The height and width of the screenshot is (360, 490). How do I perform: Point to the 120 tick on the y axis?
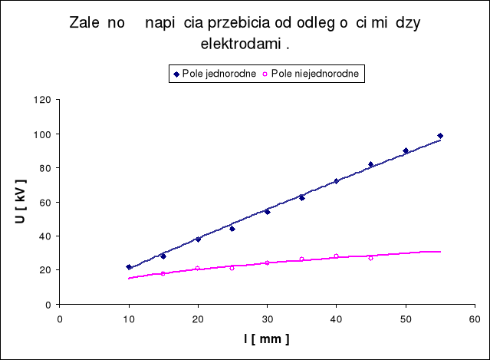(x=44, y=100)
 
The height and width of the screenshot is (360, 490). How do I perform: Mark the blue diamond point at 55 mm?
(x=440, y=136)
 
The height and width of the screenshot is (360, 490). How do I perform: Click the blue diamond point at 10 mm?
(x=129, y=267)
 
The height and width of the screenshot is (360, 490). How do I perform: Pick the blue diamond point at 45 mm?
(x=370, y=164)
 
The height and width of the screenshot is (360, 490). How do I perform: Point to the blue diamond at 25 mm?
(x=232, y=229)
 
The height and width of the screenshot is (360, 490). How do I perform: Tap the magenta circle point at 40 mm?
(x=336, y=256)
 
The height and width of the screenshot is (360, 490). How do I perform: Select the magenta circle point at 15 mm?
(x=163, y=273)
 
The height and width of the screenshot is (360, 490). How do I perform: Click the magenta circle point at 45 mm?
(x=370, y=258)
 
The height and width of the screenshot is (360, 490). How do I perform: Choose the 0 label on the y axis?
(x=49, y=305)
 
